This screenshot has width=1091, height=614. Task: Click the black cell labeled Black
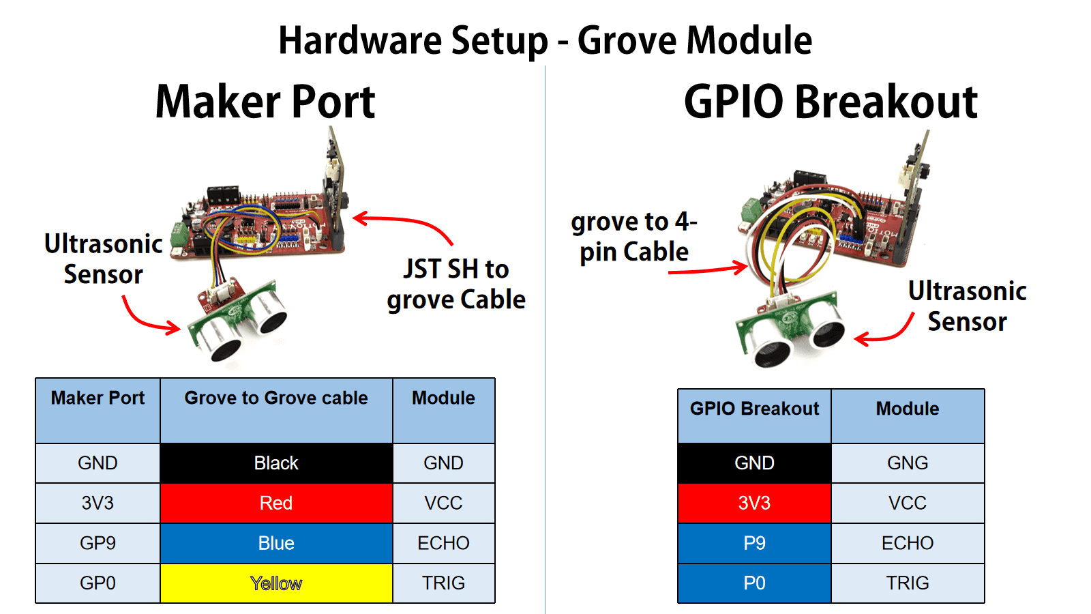pos(276,463)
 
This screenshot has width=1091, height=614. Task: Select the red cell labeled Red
pos(276,503)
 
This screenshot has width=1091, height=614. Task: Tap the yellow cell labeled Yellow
pos(276,583)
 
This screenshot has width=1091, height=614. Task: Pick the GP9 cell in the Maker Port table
pos(98,543)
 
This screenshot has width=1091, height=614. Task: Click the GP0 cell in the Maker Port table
pos(98,583)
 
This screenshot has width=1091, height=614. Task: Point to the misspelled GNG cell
pos(908,463)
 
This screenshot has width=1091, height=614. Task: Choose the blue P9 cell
pos(754,543)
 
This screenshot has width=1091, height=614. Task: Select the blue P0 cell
pos(754,583)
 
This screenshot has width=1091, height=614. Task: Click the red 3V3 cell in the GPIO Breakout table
pos(754,503)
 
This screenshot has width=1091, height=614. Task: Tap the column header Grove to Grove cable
pos(276,410)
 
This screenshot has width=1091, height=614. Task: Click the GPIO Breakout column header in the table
pos(754,415)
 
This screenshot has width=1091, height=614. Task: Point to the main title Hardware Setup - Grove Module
pos(545,41)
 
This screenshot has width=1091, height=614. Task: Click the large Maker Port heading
pos(265,102)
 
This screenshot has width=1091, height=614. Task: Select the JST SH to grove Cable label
pos(456,284)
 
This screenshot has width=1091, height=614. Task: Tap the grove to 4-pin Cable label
pos(633,237)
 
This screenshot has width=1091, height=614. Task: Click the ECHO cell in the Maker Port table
pos(443,543)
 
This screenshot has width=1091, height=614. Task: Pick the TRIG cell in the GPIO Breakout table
pos(908,583)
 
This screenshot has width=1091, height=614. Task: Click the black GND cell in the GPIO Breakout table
pos(754,463)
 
